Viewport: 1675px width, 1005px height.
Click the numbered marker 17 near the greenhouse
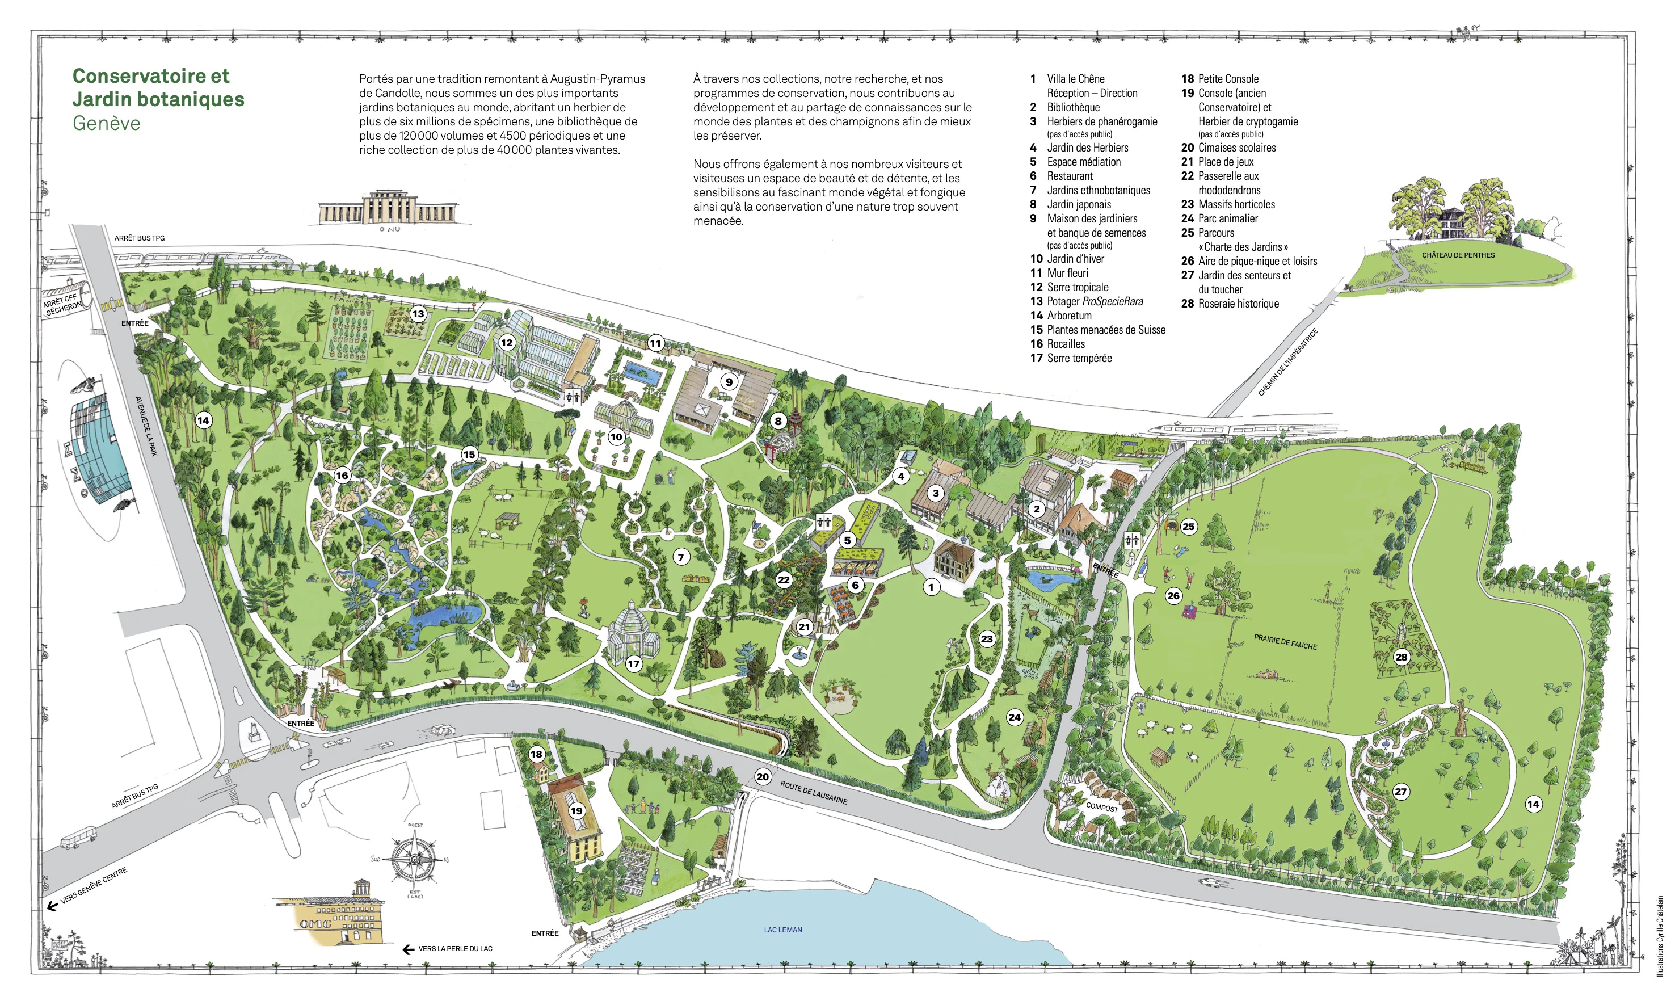point(633,664)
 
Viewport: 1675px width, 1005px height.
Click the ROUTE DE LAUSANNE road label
point(813,792)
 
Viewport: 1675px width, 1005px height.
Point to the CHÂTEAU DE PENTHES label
point(1458,255)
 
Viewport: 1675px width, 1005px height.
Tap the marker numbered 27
point(1400,792)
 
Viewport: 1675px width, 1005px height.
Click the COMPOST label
point(1101,808)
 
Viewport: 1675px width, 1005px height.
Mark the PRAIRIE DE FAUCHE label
point(1285,642)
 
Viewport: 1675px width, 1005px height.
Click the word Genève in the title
point(106,123)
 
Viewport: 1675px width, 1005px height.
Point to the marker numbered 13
point(418,314)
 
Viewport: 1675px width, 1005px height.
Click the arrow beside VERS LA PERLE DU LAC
point(409,949)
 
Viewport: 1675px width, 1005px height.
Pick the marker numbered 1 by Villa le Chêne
point(931,587)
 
